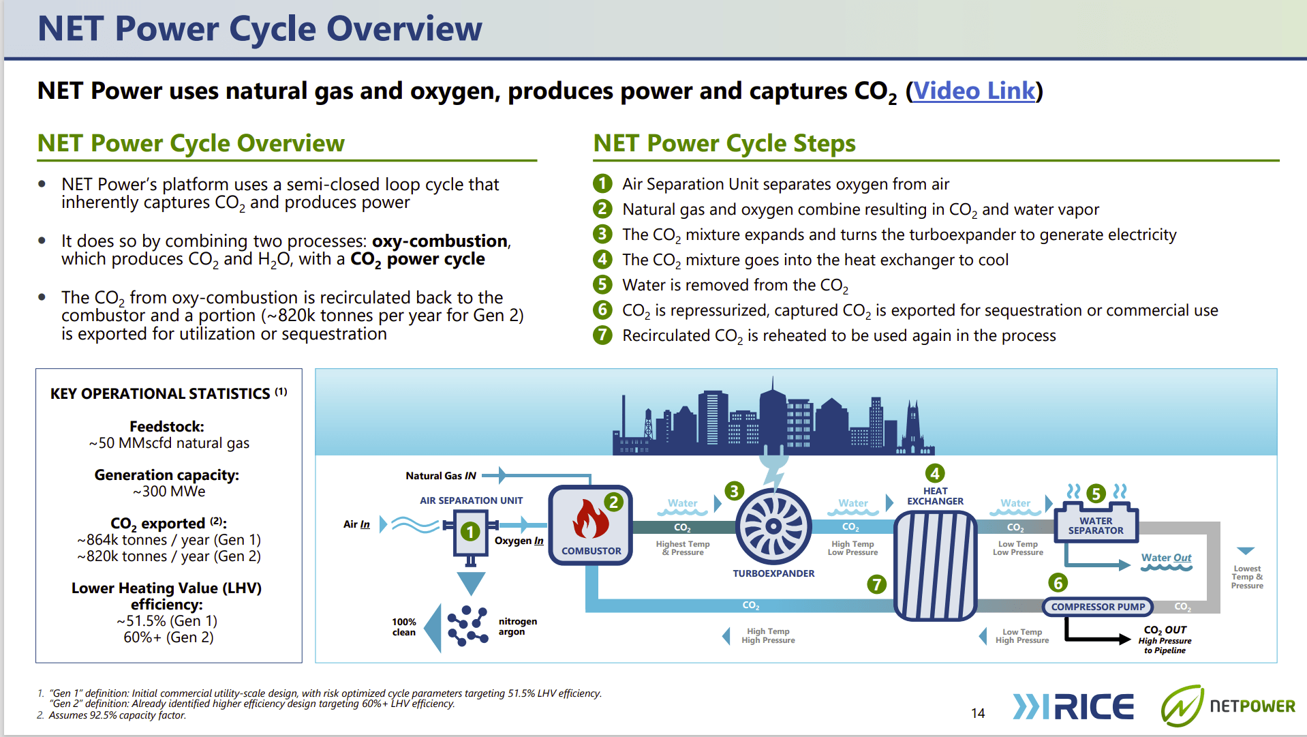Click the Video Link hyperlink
click(974, 91)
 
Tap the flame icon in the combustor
click(590, 520)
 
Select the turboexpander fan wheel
click(773, 526)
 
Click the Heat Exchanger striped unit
click(935, 565)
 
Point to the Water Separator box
click(1096, 525)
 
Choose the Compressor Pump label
click(1097, 606)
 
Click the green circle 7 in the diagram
click(876, 584)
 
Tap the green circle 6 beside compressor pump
click(1058, 583)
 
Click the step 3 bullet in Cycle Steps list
click(602, 235)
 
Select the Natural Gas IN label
click(441, 476)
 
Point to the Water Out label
click(1166, 558)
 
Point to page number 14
click(978, 713)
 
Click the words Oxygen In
click(519, 541)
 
